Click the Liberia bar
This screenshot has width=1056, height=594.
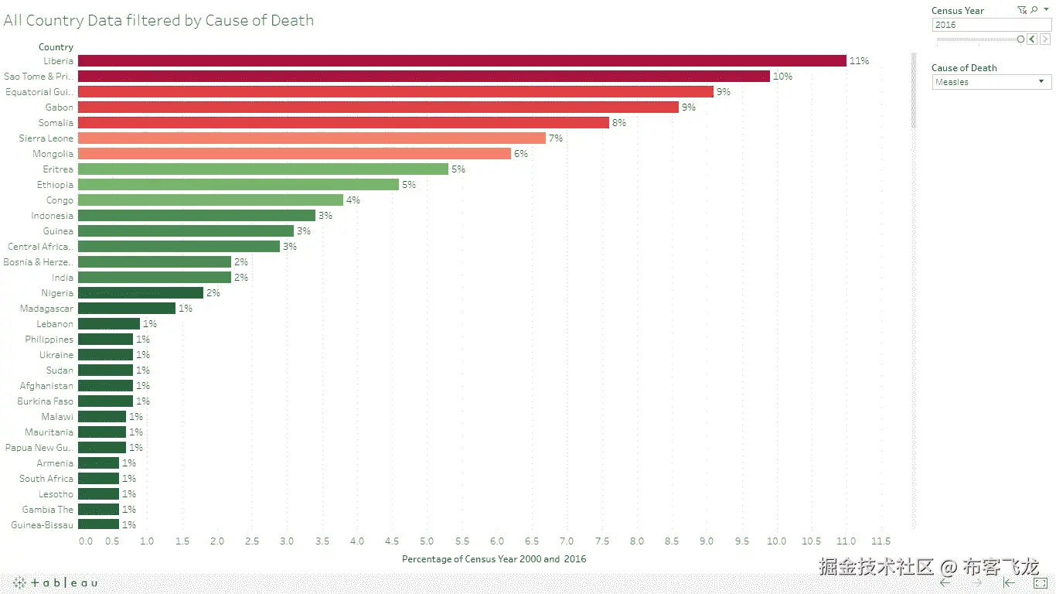462,61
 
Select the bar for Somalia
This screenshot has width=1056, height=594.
343,123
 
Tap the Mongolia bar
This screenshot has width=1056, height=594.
294,154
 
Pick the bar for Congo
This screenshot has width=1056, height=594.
210,200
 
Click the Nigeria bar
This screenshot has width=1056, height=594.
140,293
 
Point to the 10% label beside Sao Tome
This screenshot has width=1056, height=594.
782,77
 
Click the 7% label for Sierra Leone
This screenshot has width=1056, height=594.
555,138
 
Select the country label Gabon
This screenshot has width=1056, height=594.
60,108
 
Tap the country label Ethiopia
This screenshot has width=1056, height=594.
55,185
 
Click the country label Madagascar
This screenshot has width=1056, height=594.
46,309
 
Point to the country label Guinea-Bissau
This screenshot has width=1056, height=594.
43,525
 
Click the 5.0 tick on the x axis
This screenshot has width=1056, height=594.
427,541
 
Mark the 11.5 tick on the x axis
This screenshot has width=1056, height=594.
881,541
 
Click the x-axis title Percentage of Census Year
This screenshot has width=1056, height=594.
494,559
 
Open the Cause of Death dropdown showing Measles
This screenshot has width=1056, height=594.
991,82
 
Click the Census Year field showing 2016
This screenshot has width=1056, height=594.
991,25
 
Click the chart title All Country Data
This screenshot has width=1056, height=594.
158,21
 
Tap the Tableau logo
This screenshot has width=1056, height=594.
56,582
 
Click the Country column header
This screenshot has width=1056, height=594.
56,47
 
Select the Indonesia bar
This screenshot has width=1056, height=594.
196,216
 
